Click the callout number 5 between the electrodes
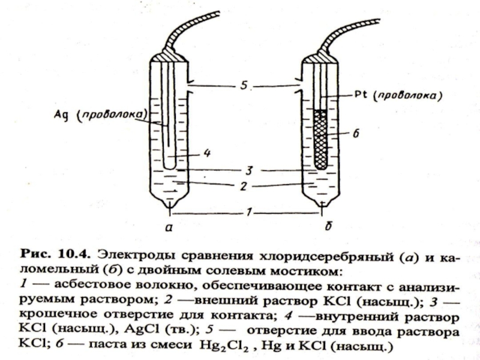(x=243, y=86)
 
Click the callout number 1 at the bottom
(x=244, y=212)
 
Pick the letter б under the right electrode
(x=324, y=227)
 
